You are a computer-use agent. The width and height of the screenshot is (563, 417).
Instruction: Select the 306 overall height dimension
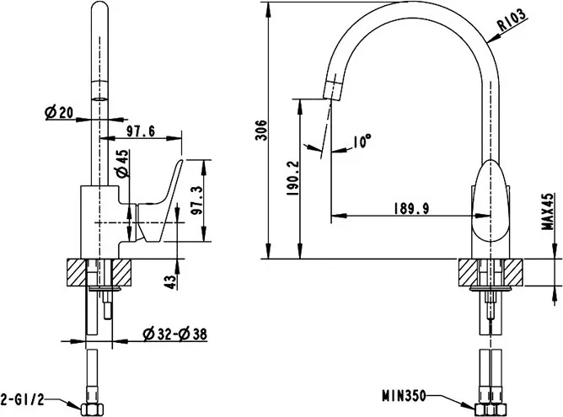click(x=262, y=130)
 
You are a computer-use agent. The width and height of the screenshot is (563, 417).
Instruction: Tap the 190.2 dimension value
click(x=293, y=178)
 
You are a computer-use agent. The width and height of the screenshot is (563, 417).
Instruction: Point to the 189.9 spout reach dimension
click(x=411, y=209)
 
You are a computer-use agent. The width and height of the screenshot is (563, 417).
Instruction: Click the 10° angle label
click(x=362, y=142)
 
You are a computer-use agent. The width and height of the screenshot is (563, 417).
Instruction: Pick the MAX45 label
click(x=549, y=211)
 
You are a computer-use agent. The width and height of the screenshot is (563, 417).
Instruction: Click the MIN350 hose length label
click(x=404, y=396)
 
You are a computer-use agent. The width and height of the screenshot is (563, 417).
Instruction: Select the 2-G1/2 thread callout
click(x=22, y=399)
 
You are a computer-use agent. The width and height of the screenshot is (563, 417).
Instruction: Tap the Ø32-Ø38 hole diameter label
click(x=174, y=334)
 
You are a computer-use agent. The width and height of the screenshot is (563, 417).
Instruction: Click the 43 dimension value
click(x=171, y=281)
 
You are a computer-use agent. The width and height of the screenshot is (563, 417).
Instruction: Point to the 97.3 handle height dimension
click(x=196, y=200)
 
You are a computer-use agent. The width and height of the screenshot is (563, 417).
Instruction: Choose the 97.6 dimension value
click(x=141, y=131)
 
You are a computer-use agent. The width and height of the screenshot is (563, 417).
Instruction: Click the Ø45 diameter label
click(x=123, y=163)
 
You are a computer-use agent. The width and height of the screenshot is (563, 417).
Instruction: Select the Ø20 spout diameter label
click(x=59, y=113)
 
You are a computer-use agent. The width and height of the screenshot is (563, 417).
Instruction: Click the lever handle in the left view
click(x=159, y=202)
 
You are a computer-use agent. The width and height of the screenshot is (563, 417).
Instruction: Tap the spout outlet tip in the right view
click(x=332, y=89)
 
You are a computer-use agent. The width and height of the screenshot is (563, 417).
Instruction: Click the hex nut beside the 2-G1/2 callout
click(x=93, y=409)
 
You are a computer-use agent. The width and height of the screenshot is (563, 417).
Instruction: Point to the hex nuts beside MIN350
click(x=491, y=409)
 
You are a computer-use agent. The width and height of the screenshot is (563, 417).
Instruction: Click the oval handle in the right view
click(x=491, y=200)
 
